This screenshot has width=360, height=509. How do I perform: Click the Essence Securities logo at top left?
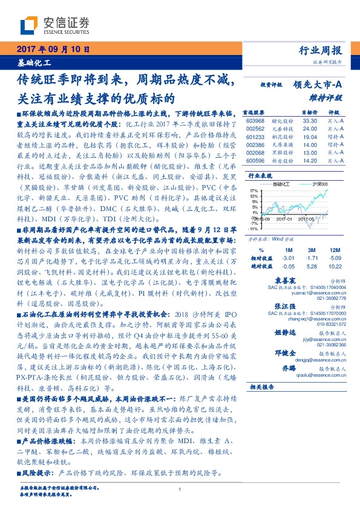(x=54, y=25)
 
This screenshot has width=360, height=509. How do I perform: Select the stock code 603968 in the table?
(x=256, y=120)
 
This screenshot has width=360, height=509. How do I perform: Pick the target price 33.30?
(x=310, y=120)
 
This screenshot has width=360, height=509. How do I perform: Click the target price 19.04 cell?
(x=310, y=137)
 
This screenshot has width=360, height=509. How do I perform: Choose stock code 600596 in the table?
(x=256, y=161)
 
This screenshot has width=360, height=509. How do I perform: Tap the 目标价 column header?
(x=309, y=112)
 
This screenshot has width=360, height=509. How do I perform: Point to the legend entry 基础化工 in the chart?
(x=282, y=183)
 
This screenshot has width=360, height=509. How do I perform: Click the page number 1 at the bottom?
(x=180, y=490)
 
